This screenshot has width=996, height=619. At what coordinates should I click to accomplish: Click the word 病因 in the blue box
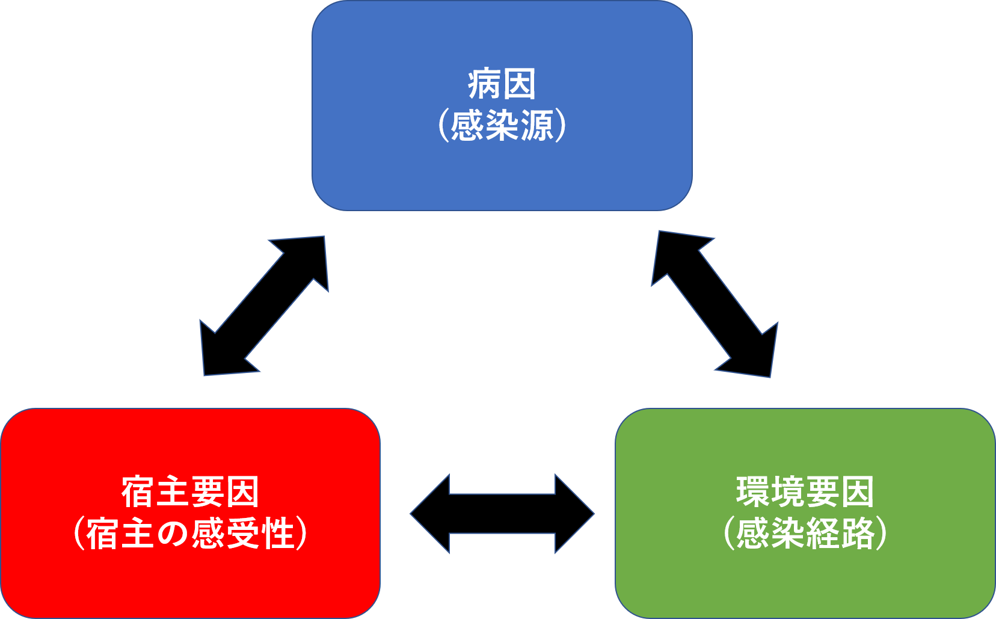click(x=502, y=85)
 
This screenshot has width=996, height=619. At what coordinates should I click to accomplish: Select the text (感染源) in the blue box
click(x=502, y=126)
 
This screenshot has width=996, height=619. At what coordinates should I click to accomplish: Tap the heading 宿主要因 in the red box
click(x=190, y=492)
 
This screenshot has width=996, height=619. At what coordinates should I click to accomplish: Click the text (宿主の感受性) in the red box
click(x=190, y=534)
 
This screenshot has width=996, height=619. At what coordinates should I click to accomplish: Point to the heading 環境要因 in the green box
click(x=805, y=492)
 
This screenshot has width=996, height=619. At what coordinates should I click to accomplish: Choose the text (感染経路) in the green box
click(x=805, y=534)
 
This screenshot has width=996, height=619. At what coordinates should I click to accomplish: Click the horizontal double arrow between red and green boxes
click(x=502, y=514)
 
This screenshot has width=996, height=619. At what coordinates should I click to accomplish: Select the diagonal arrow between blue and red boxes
click(x=264, y=306)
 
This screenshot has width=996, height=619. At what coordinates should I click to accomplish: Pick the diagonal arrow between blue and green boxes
click(x=715, y=304)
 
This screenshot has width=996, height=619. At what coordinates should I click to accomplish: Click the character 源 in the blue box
click(x=536, y=126)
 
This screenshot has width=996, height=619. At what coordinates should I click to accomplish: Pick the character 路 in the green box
click(x=857, y=534)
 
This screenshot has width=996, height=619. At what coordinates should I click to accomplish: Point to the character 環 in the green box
click(x=753, y=492)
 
